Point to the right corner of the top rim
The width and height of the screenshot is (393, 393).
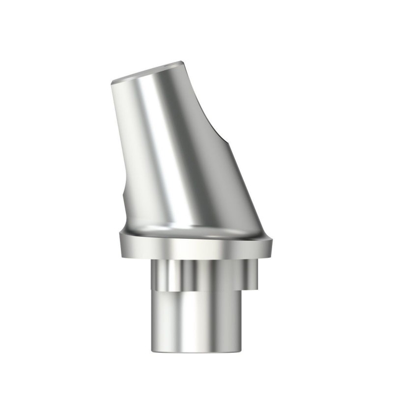[183, 62]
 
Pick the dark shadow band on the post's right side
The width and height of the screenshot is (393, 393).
[216, 177]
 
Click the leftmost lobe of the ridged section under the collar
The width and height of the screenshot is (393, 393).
[156, 275]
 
